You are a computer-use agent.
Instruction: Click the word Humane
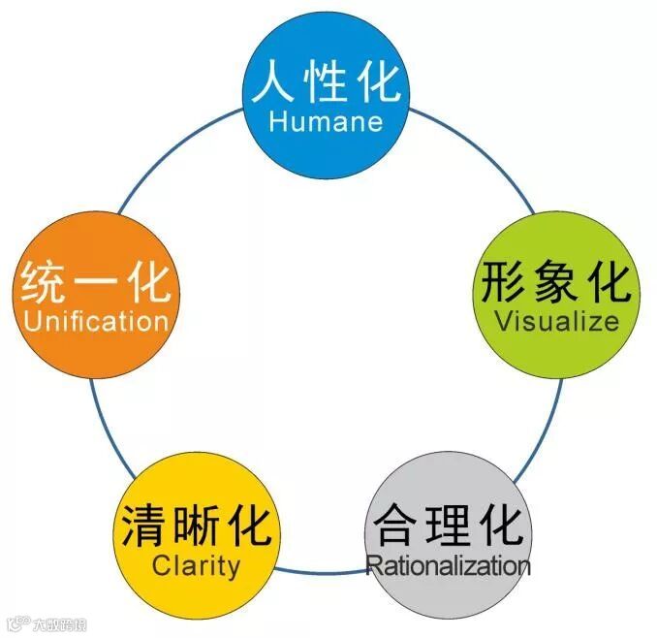(326, 122)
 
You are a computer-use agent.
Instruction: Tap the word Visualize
(556, 321)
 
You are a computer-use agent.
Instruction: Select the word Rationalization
(448, 564)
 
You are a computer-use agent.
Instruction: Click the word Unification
(96, 321)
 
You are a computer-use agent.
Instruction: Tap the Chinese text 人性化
(326, 81)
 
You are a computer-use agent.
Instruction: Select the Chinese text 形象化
(556, 281)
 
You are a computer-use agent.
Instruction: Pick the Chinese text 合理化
(448, 525)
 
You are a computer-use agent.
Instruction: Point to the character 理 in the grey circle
(449, 525)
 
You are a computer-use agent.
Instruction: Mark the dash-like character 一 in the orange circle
(96, 283)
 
